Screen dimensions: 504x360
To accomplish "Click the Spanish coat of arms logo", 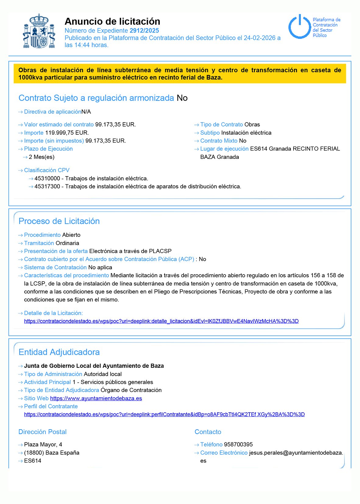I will coord(39,31).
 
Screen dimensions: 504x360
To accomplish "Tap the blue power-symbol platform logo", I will coord(299,27).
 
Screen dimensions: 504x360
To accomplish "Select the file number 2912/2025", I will coord(144,30).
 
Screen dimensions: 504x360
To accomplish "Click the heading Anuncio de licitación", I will coord(112,21).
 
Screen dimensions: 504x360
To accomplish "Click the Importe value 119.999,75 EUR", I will coord(67,133).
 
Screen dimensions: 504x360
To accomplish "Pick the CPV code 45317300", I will coord(47,186).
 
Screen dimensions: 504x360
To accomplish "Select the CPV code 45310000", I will coord(47,178).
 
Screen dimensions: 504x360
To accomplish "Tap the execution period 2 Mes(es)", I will coord(41,157).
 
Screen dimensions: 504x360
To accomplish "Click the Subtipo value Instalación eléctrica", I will coord(246,133).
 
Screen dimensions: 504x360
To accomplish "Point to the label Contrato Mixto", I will coord(219,140).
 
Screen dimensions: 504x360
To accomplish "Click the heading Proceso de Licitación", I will coord(59,221).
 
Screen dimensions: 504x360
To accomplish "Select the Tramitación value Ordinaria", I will coord(67,243).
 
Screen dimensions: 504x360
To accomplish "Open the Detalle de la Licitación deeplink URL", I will coord(161,321).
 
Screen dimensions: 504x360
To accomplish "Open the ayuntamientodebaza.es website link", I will coord(96,398).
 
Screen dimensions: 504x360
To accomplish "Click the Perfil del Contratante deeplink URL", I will coord(164,414).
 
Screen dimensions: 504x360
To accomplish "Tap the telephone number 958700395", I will coord(238,444).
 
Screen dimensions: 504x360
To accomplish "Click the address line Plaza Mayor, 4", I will coord(43,444).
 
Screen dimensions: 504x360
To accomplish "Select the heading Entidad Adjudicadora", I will coord(59,352).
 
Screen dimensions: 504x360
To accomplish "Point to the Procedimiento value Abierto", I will coord(71,235).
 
